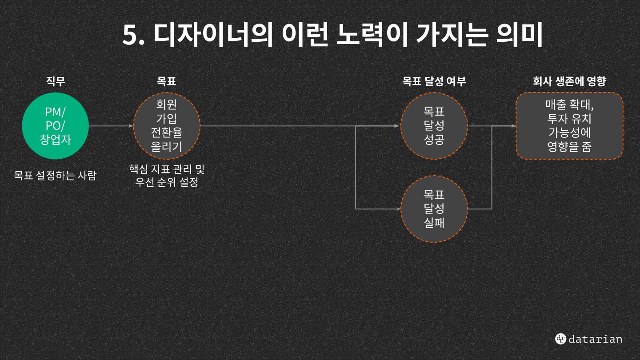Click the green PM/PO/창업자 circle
point(56,126)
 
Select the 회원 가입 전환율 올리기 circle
point(167,126)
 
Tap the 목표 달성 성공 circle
point(434,126)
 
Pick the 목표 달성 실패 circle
point(434,209)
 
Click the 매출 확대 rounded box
point(569,126)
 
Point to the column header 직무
point(56,81)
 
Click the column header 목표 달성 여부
point(434,81)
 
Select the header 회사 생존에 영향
point(569,81)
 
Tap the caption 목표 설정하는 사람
point(55,176)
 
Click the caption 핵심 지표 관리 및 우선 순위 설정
point(167,176)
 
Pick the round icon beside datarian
point(560,339)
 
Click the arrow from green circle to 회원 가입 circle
point(111,126)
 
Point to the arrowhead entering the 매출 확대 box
point(513,126)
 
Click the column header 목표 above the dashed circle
point(167,81)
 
